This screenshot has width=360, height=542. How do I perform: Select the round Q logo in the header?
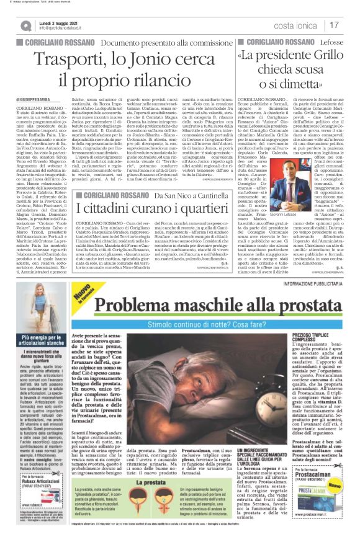click(x=25, y=24)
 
